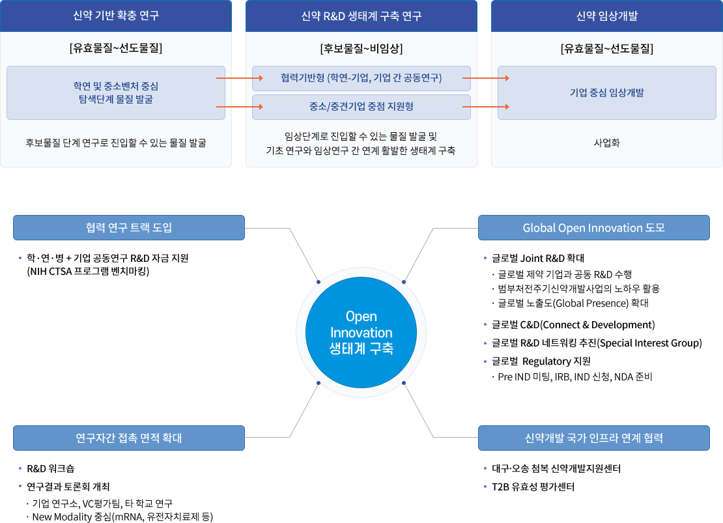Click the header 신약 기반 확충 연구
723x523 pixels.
pos(116,16)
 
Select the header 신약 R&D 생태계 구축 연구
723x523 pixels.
pos(361,16)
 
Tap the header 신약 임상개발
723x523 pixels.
pos(606,16)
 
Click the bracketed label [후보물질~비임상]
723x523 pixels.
pos(361,48)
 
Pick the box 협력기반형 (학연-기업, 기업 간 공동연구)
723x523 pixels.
pos(361,78)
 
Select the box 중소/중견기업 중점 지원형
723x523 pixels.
pos(361,106)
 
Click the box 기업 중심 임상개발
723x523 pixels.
pos(606,92)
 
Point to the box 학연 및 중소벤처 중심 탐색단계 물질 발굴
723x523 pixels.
pos(116,92)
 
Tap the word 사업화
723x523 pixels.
pos(606,143)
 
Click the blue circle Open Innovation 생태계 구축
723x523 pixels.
pos(361,332)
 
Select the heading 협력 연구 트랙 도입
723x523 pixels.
pos(129,228)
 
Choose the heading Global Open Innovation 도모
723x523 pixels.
pos(593,228)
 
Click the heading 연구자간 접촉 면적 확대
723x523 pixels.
pos(129,438)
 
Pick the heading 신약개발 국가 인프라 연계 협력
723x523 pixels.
pos(593,438)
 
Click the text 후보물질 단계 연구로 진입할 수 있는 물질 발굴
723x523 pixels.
pos(116,143)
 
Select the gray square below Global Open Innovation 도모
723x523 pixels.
pos(441,255)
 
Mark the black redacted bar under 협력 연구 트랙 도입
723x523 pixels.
pos(107,265)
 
